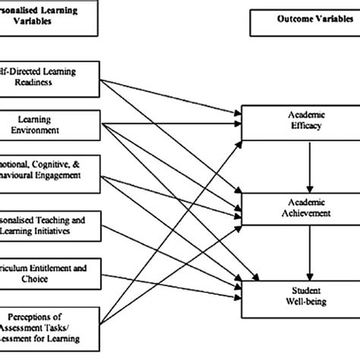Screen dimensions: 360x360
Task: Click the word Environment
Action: (57, 129)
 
